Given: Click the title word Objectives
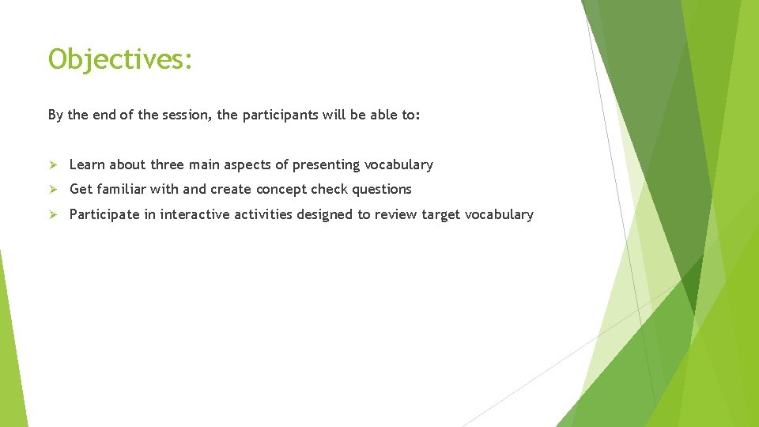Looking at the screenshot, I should pyautogui.click(x=119, y=59).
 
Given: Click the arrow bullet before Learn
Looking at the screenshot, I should pyautogui.click(x=53, y=164).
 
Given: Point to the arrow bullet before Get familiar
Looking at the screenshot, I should pyautogui.click(x=53, y=189).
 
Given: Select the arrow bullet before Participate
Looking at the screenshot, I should pyautogui.click(x=53, y=214).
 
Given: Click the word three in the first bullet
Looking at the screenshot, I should pyautogui.click(x=167, y=164).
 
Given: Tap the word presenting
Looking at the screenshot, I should pyautogui.click(x=326, y=164).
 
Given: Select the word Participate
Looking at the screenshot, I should pyautogui.click(x=103, y=214).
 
